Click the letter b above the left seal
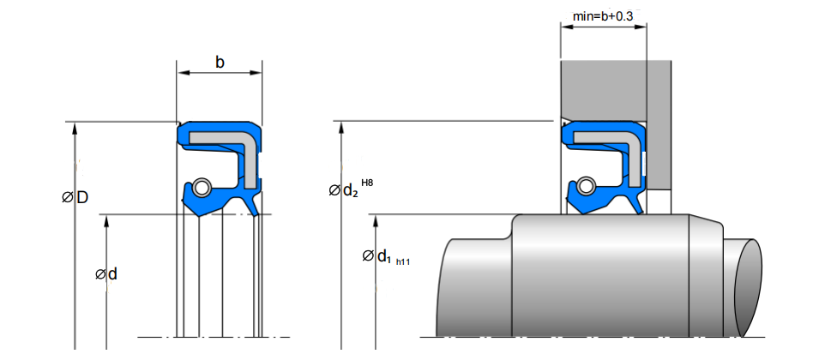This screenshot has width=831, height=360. pyautogui.click(x=220, y=63)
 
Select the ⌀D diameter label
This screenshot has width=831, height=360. pyautogui.click(x=75, y=198)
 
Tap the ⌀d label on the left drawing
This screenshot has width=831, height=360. pyautogui.click(x=106, y=274)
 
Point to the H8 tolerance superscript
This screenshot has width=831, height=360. pyautogui.click(x=367, y=183)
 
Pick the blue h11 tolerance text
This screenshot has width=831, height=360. pyautogui.click(x=403, y=261)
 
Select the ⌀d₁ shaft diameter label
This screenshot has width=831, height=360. pyautogui.click(x=376, y=255)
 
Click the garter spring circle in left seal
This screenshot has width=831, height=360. pyautogui.click(x=201, y=186)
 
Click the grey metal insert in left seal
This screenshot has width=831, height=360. pyautogui.click(x=225, y=137)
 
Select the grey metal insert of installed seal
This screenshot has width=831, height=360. pyautogui.click(x=609, y=137)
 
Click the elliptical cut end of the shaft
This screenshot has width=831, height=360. pyautogui.click(x=748, y=285)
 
